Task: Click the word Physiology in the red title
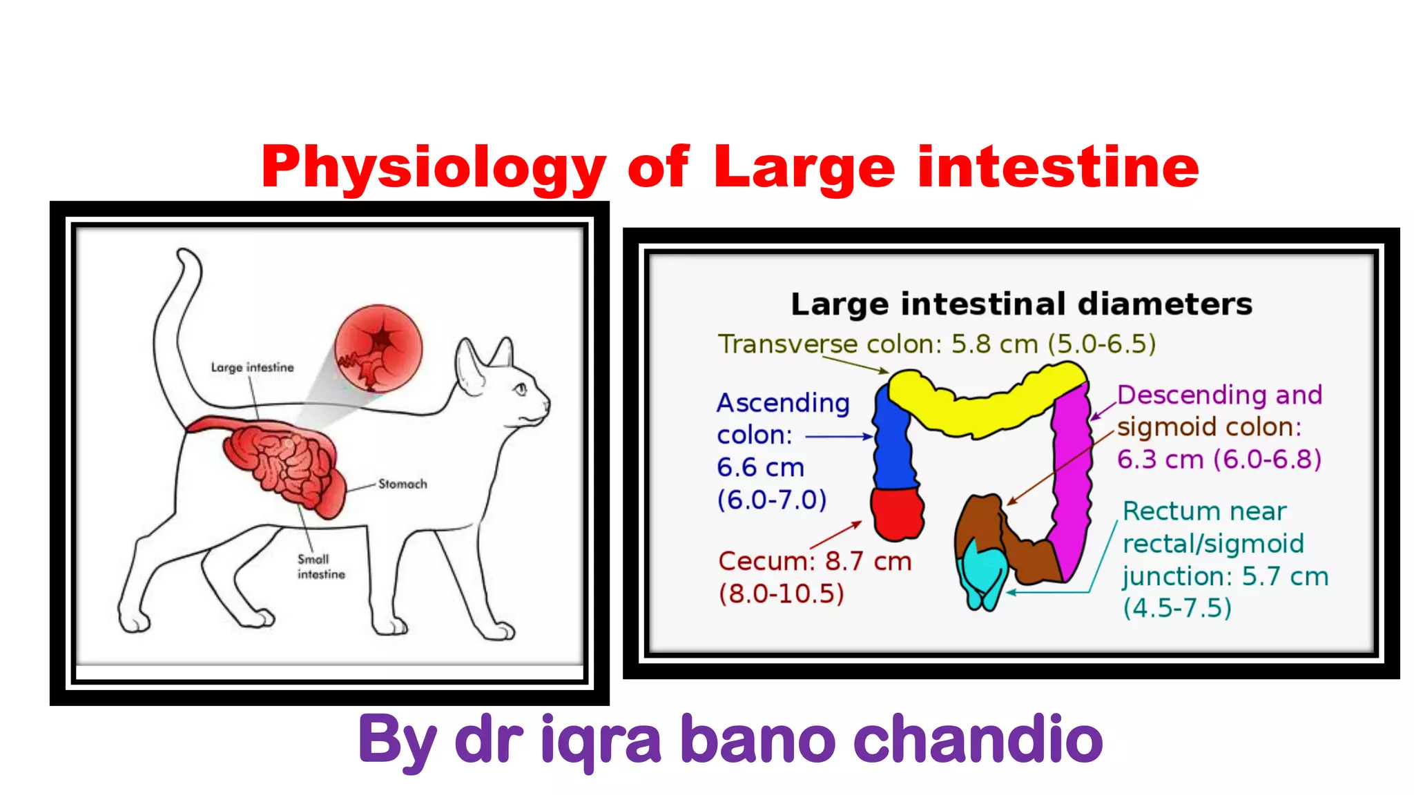pyautogui.click(x=433, y=168)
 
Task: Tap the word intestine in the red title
pyautogui.click(x=1058, y=168)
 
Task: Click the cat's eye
pyautogui.click(x=521, y=389)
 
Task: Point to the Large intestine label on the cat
pyautogui.click(x=252, y=368)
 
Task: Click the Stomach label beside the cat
pyautogui.click(x=403, y=484)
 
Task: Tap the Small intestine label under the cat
pyautogui.click(x=320, y=567)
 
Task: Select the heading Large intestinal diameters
pyautogui.click(x=1021, y=304)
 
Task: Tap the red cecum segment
pyautogui.click(x=897, y=513)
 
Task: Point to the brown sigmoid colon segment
pyautogui.click(x=1015, y=545)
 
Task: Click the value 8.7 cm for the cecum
pyautogui.click(x=868, y=562)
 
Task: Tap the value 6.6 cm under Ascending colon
pyautogui.click(x=760, y=468)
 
